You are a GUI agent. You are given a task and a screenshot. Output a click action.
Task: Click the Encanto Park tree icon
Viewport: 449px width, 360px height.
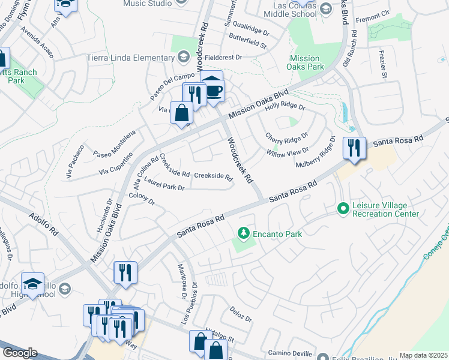pos(243,232)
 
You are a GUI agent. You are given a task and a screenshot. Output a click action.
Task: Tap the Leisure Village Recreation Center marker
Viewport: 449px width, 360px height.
pos(343,209)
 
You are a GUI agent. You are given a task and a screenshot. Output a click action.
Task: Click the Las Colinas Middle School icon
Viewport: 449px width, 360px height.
pos(325,8)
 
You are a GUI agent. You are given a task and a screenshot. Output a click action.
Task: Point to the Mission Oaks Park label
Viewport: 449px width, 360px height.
pos(307,63)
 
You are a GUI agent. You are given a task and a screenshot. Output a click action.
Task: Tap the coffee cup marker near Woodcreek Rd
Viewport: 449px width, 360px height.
pos(214,91)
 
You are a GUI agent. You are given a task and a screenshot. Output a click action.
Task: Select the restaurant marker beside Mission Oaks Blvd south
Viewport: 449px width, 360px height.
pos(126,272)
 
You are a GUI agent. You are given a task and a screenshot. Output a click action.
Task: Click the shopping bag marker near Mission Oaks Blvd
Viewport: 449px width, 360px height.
pos(181,113)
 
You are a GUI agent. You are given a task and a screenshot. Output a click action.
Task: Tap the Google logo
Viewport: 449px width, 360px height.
pos(20,353)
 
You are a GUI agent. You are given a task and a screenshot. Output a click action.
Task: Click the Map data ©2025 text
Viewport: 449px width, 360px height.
pos(423,355)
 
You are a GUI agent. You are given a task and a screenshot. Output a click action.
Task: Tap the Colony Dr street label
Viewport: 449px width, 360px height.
pos(142,199)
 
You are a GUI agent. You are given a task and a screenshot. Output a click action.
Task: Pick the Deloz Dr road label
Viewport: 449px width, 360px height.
pos(240,313)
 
